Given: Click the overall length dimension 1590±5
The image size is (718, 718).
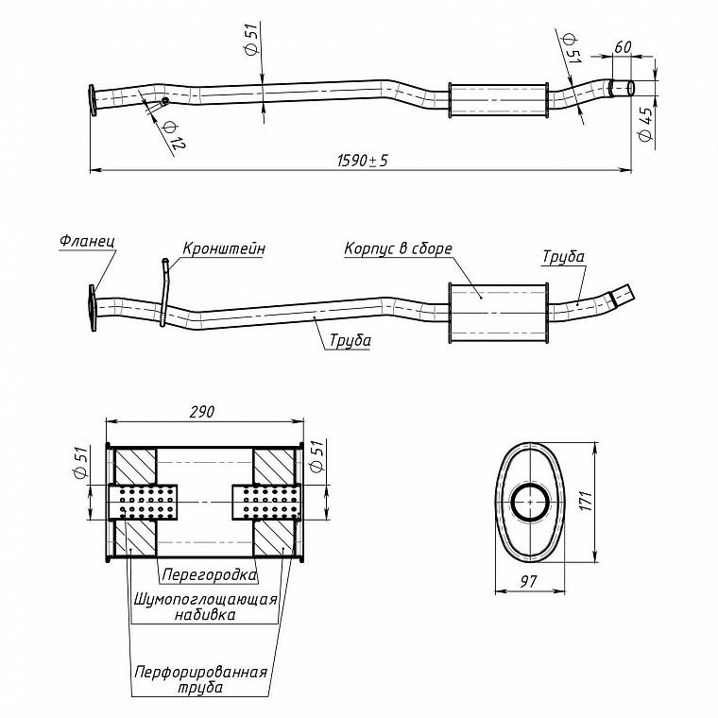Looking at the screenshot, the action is [363, 161].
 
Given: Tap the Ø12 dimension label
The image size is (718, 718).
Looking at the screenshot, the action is [174, 135].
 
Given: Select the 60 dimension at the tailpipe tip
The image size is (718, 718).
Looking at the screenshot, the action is [623, 46].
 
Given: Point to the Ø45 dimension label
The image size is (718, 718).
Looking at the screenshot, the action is [645, 124].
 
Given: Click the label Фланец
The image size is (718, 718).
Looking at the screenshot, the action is [87, 241].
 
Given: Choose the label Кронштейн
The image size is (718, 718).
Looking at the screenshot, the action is [224, 248].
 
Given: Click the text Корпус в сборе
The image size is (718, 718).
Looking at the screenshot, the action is [398, 248].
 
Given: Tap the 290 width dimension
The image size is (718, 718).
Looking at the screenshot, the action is [201, 412].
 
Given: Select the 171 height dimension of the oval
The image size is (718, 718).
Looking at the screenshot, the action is [586, 501].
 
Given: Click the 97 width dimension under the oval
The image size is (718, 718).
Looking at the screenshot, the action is [528, 582].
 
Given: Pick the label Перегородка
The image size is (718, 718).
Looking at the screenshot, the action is [210, 574].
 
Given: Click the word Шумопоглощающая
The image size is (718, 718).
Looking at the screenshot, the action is [206, 599].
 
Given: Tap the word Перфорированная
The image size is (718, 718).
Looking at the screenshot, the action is [200, 673].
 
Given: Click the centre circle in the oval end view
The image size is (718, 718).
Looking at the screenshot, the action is [530, 502].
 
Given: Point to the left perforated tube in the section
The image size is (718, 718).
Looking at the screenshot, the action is [144, 502].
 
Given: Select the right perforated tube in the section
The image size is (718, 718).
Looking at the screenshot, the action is [266, 502].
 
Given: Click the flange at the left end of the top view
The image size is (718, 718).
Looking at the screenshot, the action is [93, 100].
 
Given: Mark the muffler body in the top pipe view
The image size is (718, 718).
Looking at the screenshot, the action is [499, 100].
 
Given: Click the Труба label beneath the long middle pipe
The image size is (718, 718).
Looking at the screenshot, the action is [350, 340].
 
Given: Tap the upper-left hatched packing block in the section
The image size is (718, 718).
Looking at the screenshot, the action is [135, 466].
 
